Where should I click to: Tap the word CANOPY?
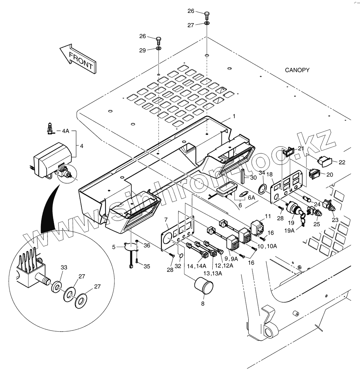[x=297, y=70]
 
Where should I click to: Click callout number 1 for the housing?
[x=234, y=116]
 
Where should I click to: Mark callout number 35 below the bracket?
[x=146, y=266]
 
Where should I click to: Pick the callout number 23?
[x=335, y=220]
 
